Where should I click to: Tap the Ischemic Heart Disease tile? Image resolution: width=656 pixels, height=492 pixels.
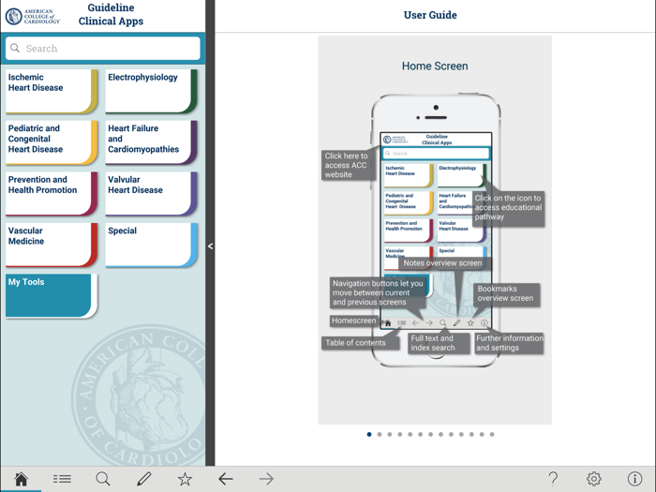pos(52,91)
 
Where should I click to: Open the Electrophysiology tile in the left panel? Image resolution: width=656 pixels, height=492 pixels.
pos(151,91)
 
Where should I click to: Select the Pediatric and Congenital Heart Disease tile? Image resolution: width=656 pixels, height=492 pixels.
pos(52,142)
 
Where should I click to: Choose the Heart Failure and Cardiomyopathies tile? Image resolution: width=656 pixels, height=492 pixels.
pos(151,142)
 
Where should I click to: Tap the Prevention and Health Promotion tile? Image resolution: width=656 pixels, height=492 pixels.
pos(52,193)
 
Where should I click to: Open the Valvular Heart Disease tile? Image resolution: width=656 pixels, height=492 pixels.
pos(151,193)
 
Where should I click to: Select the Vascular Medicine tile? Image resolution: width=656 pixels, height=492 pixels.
pos(52,244)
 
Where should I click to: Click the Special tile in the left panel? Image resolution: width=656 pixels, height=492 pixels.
pos(151,244)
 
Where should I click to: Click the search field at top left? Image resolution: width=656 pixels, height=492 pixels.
pos(103,48)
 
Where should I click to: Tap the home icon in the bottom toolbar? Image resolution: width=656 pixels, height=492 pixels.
pos(21,479)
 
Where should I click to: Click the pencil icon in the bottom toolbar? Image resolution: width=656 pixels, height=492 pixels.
pos(143,479)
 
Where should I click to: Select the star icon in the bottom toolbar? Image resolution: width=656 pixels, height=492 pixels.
pos(185,479)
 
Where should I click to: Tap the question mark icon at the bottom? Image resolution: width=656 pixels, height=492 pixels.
pos(553,479)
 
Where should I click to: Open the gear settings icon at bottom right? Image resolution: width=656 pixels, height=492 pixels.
pos(594,479)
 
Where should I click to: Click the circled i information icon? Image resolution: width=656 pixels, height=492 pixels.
pos(634,479)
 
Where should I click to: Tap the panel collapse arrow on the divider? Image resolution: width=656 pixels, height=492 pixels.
pos(210,246)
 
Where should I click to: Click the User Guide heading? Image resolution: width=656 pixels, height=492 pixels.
pos(430,15)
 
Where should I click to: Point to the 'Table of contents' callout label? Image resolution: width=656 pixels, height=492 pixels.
pos(355,343)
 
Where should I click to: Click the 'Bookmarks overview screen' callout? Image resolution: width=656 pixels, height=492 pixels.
pos(506,293)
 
